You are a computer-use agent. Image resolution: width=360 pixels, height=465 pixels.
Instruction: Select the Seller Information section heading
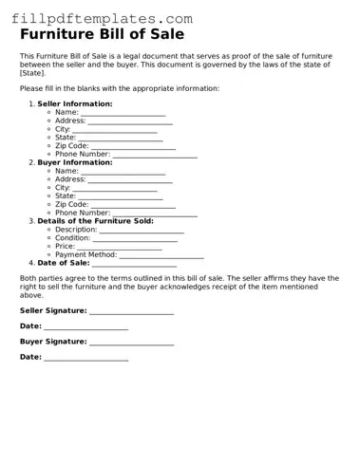[x=74, y=103]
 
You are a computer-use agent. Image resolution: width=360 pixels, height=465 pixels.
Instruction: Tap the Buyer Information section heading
[x=74, y=162]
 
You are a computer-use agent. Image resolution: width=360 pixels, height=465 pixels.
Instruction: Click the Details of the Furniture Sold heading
[x=95, y=221]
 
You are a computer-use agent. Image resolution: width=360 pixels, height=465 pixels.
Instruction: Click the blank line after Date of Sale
[x=134, y=264]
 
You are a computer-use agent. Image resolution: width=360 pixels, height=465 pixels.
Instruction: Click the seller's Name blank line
[x=123, y=113]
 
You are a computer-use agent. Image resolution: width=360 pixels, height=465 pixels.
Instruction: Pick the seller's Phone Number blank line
[x=155, y=155]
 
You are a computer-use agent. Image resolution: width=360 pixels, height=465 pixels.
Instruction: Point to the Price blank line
[x=120, y=248]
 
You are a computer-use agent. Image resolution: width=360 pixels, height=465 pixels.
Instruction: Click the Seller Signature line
[x=132, y=311]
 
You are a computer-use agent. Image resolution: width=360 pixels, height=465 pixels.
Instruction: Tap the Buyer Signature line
[x=132, y=343]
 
